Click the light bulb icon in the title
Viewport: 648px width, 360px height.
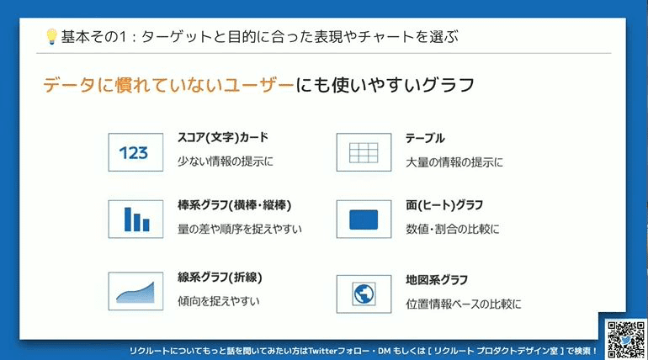(x=51, y=37)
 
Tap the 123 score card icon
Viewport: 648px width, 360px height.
(x=135, y=152)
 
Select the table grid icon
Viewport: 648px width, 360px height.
(x=364, y=152)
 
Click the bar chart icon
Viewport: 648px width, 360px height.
(x=135, y=220)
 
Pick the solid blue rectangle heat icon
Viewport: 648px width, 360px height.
(x=364, y=220)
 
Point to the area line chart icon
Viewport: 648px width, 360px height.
(x=135, y=291)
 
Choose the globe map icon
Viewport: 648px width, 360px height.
(x=364, y=294)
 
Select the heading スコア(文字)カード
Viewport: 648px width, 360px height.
(x=223, y=137)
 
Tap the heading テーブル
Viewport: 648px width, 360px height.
(x=425, y=138)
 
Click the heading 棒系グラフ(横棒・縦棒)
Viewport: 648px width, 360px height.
(x=234, y=205)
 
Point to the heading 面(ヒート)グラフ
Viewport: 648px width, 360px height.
(x=444, y=205)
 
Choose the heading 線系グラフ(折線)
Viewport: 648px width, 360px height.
(x=220, y=278)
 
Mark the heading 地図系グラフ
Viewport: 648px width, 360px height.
(x=437, y=280)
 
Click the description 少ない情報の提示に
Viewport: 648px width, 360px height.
(x=226, y=161)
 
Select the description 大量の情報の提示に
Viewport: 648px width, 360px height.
(x=454, y=162)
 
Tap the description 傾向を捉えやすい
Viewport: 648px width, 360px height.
(x=219, y=301)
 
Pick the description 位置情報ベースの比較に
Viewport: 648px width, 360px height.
(x=463, y=304)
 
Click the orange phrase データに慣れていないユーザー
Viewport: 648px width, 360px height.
(x=168, y=85)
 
